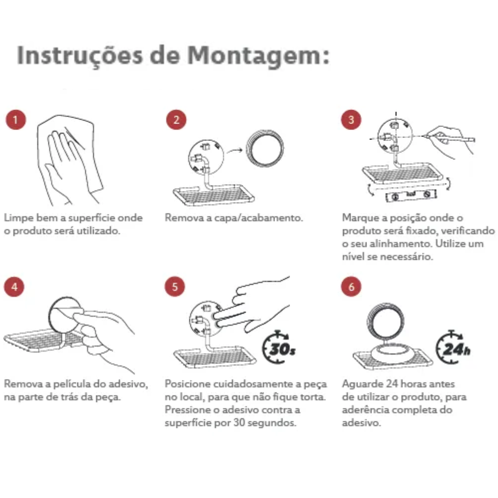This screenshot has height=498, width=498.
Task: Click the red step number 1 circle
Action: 16,120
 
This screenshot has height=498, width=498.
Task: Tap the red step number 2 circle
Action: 176,120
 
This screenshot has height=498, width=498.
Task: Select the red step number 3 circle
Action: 351,120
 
